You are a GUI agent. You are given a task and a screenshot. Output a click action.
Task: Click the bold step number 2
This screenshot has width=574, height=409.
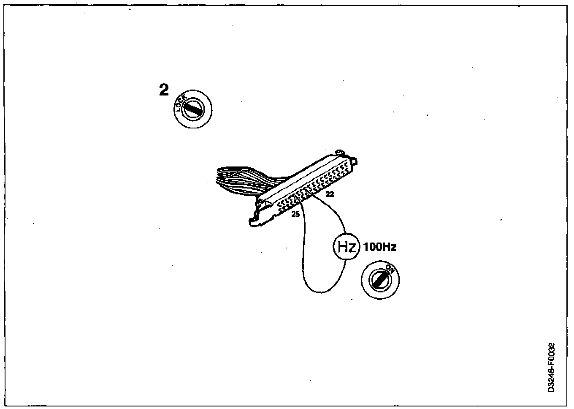[164, 90]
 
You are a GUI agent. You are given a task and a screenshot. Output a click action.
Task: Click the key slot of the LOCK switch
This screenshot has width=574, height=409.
[194, 109]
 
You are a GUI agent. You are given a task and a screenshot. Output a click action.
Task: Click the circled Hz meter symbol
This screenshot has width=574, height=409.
[346, 247]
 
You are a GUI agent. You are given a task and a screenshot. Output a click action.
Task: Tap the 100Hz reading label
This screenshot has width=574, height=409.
[380, 247]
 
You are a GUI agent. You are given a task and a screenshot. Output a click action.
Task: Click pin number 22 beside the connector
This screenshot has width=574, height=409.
[330, 194]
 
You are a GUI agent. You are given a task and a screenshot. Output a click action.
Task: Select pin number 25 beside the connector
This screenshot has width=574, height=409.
[295, 215]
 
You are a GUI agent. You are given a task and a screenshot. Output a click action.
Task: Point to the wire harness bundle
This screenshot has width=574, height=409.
[236, 180]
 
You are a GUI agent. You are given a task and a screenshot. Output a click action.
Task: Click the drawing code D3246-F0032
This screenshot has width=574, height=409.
[551, 368]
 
